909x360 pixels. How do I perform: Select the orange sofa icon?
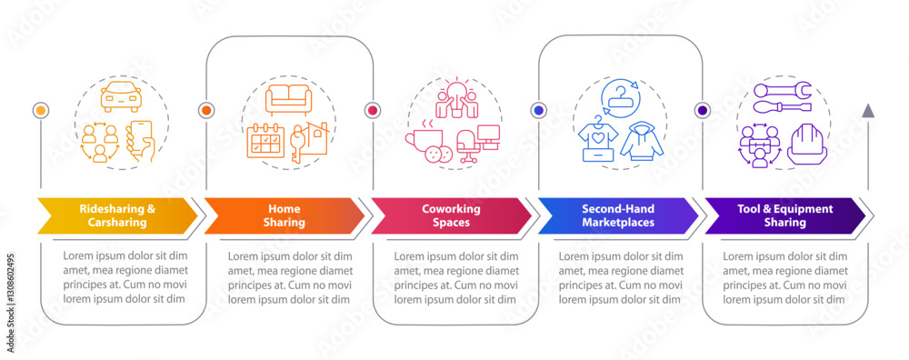coord(288,98)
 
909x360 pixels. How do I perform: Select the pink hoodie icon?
coord(642,141)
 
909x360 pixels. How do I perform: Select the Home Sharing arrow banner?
coord(284,215)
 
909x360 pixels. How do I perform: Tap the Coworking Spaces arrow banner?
coord(451,215)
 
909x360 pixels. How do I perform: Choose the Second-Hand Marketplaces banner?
coord(617,215)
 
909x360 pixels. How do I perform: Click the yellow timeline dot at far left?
coord(40,110)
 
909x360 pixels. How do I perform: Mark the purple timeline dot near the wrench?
coord(702,110)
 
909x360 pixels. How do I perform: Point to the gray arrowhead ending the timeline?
coord(868,110)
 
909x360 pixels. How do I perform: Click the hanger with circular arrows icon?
coord(619,95)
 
